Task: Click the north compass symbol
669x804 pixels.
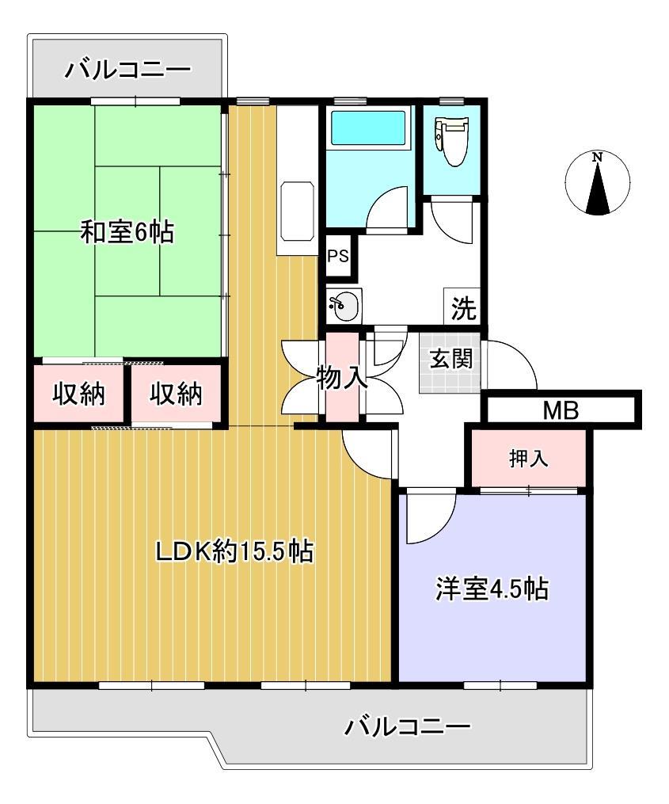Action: (598, 184)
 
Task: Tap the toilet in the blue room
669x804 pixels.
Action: (454, 140)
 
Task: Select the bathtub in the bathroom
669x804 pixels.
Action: (368, 128)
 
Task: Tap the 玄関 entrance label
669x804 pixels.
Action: (451, 359)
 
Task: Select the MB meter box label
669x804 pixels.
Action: (561, 410)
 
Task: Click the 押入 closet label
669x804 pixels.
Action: (527, 459)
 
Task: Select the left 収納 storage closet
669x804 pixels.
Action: (78, 394)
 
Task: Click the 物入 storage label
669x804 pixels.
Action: (342, 378)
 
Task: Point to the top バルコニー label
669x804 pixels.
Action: (127, 70)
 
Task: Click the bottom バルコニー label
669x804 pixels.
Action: (408, 726)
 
